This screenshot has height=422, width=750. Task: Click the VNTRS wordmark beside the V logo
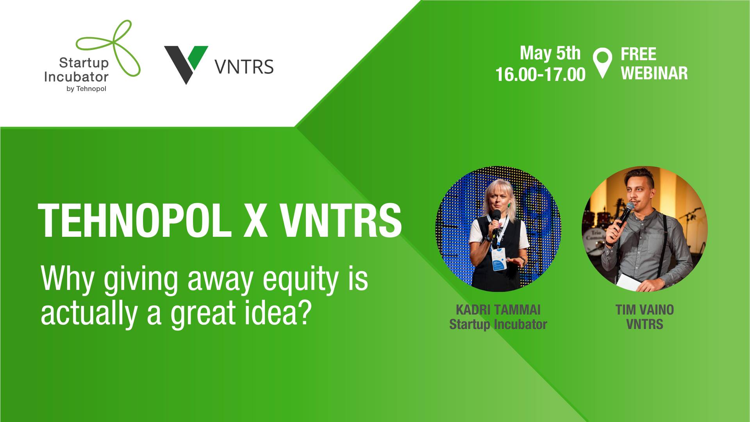(244, 66)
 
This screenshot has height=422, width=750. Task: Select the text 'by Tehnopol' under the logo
(87, 89)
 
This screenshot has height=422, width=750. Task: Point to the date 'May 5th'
(550, 53)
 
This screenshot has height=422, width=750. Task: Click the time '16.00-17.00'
(541, 74)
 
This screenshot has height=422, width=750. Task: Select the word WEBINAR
(654, 73)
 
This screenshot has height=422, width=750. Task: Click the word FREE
(638, 54)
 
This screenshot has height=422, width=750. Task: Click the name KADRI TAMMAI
(498, 310)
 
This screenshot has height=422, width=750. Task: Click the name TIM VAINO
(645, 310)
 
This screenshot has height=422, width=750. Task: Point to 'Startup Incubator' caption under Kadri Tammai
(498, 324)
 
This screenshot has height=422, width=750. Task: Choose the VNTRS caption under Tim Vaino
(645, 324)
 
